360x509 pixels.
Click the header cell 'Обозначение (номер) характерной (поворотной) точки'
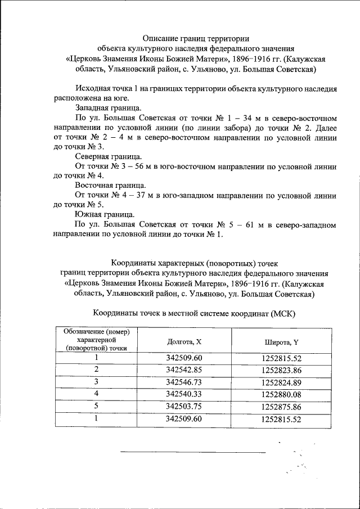click(96, 340)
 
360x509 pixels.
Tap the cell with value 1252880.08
click(281, 394)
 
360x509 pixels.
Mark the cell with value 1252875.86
click(281, 406)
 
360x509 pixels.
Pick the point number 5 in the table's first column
click(96, 406)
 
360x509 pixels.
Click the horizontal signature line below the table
click(192, 451)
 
